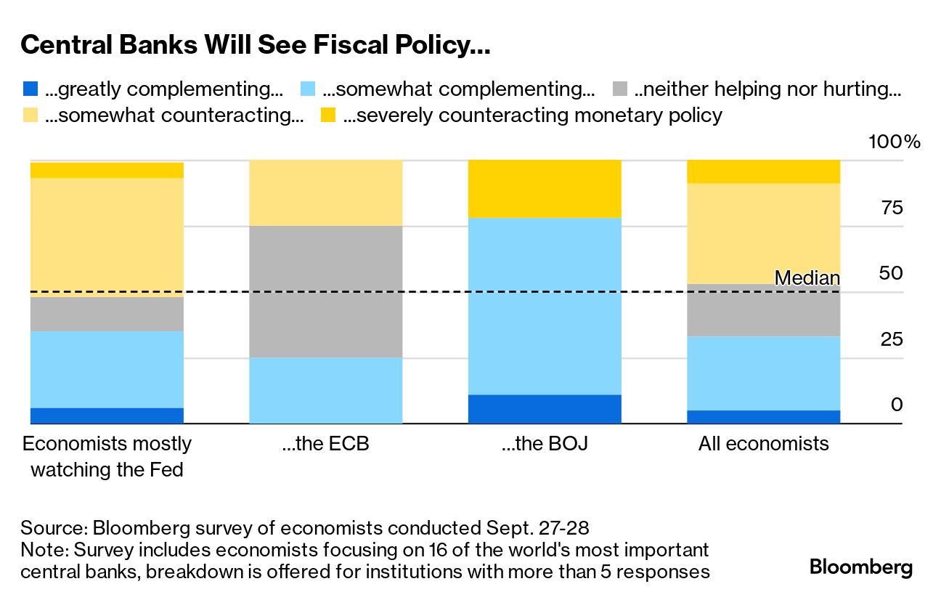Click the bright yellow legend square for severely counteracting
(x=329, y=115)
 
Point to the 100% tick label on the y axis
(x=894, y=142)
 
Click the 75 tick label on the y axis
(x=892, y=208)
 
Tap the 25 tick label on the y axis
(x=892, y=339)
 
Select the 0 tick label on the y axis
(x=897, y=405)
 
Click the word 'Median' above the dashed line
(x=807, y=277)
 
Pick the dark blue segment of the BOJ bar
(x=545, y=409)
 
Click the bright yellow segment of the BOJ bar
(x=545, y=189)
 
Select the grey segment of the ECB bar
(x=325, y=291)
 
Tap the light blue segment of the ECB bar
(x=325, y=390)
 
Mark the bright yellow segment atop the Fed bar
(x=106, y=170)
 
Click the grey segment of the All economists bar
(x=763, y=310)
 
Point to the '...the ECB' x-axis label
(x=325, y=443)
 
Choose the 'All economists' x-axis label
(x=763, y=443)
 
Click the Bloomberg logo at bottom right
(x=860, y=567)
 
